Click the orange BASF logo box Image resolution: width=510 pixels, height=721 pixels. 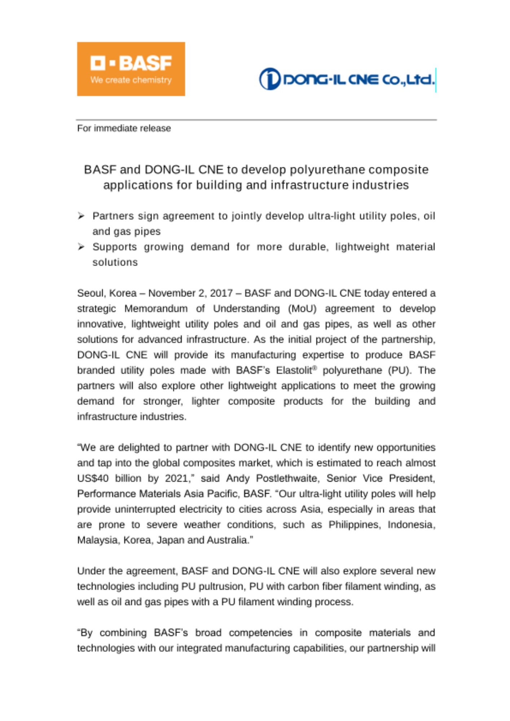131,69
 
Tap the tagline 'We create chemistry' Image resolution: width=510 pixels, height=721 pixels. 131,80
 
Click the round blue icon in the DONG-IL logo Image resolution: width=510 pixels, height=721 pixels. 269,79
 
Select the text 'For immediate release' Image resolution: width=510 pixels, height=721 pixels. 124,128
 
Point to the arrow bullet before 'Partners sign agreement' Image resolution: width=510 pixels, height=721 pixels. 81,216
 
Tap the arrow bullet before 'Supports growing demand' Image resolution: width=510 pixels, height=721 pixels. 81,247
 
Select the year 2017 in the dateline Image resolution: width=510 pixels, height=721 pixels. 221,293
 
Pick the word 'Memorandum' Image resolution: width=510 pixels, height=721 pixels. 156,309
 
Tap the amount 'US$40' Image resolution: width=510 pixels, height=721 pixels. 93,478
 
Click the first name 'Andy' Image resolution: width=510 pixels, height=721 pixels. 238,478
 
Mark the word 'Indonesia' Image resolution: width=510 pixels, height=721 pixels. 411,525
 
